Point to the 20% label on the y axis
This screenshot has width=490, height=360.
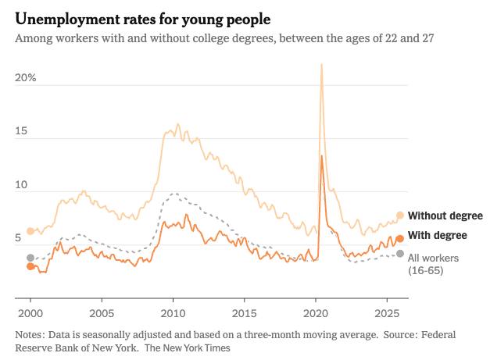pos(26,78)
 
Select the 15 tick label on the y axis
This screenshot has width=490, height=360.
pos(22,132)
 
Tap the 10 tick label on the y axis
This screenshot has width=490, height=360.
pos(22,186)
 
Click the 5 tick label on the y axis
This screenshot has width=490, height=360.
pos(19,238)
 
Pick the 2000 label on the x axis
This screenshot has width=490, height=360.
pos(30,312)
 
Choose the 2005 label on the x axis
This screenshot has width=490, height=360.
pos(102,312)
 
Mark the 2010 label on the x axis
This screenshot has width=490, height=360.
pos(173,312)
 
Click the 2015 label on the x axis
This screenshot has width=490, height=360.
pos(244,312)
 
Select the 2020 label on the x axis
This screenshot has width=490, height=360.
pos(315,312)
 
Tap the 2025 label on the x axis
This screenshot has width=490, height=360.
pos(386,312)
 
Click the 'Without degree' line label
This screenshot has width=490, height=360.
pos(445,216)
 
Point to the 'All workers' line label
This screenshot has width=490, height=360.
pos(433,258)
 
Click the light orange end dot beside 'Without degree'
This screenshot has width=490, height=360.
pos(400,216)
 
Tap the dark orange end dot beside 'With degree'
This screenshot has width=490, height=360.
pos(400,239)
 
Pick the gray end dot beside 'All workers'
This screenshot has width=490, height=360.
pos(400,254)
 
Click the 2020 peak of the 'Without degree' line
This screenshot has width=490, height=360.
pos(321,65)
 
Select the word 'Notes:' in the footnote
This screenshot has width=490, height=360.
pos(30,334)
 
